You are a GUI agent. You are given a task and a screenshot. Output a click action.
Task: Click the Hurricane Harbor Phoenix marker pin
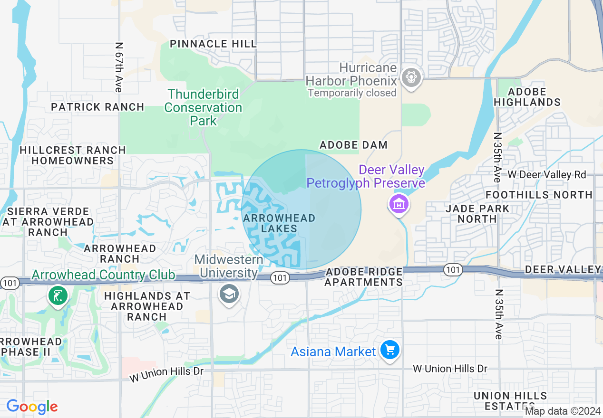(409, 76)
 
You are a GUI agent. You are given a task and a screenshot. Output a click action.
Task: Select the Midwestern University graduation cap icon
(229, 294)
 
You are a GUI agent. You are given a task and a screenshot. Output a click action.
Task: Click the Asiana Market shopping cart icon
(390, 351)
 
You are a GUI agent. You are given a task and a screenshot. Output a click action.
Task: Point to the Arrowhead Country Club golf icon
(58, 295)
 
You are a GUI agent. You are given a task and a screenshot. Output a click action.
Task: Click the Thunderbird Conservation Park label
(203, 107)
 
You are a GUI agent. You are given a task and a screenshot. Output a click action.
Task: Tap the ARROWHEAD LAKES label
(279, 223)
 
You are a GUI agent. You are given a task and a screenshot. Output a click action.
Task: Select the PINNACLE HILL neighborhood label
(213, 44)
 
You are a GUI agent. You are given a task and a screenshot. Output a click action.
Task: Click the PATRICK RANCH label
(97, 107)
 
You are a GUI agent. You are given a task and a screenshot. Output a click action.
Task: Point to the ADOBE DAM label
(353, 145)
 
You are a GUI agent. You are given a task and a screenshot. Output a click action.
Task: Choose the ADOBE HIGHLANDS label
(527, 97)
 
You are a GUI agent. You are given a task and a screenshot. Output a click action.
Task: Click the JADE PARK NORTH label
(477, 214)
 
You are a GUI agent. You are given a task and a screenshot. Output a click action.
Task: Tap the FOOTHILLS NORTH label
(539, 195)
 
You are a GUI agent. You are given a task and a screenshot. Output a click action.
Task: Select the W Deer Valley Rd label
(546, 174)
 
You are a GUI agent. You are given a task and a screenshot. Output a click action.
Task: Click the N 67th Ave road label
(119, 67)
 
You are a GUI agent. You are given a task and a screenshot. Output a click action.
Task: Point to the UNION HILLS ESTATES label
(510, 401)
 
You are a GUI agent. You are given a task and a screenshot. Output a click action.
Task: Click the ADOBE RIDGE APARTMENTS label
(364, 277)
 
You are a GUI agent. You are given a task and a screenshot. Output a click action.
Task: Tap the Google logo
(32, 407)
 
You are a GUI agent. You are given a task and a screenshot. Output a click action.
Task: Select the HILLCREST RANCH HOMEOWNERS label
(73, 155)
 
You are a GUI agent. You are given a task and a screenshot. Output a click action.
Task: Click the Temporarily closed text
(352, 93)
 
